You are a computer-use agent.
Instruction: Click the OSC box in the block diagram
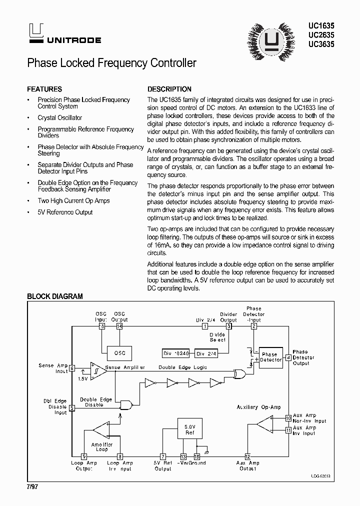tap(119, 353)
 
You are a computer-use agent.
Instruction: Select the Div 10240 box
tap(176, 353)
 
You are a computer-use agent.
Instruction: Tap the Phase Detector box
tap(270, 357)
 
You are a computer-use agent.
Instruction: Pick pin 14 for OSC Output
tap(119, 326)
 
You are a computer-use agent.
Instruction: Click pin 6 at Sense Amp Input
tap(72, 368)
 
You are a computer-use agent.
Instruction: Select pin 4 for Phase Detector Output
tap(288, 357)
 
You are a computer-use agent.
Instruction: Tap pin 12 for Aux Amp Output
tap(247, 456)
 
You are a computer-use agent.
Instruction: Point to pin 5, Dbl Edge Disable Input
tap(72, 408)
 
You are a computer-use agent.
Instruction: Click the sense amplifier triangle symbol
tap(98, 370)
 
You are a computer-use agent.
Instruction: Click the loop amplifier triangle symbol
tap(101, 429)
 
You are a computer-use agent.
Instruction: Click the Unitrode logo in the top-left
tap(36, 34)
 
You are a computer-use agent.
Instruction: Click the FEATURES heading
tap(44, 89)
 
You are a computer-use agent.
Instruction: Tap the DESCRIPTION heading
tap(169, 89)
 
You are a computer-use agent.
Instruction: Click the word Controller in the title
tap(172, 63)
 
